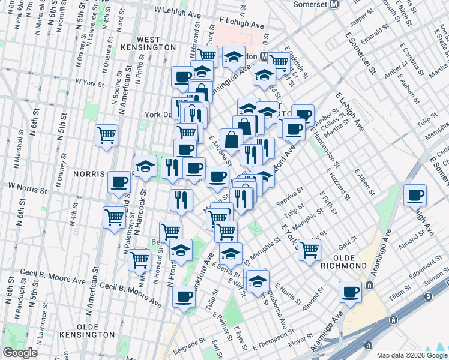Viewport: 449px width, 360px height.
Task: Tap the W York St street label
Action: tap(90, 82)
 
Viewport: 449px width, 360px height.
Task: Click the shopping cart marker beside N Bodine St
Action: tap(106, 136)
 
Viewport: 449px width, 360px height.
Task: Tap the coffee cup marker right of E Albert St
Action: tap(415, 195)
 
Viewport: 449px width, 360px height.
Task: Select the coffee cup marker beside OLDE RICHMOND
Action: tap(349, 292)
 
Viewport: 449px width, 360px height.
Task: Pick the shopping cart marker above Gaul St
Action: tap(309, 249)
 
